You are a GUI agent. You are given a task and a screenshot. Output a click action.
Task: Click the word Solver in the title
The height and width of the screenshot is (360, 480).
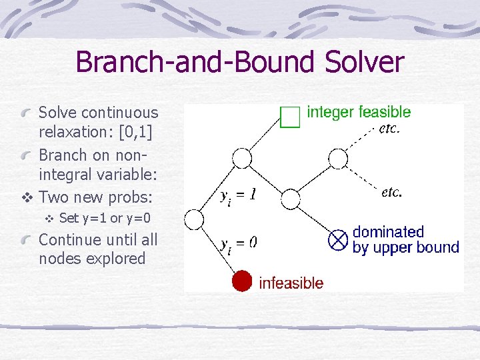[365, 63]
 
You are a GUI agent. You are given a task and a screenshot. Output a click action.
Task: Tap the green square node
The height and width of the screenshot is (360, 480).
[291, 117]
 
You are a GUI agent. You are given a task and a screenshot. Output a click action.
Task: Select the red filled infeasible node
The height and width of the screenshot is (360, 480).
[242, 281]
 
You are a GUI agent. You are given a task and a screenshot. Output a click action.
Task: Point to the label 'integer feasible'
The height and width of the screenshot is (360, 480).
[359, 112]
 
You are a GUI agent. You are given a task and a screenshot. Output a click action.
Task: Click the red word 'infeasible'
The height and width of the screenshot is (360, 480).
[291, 283]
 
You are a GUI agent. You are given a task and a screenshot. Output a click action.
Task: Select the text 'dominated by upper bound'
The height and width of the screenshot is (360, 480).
[405, 240]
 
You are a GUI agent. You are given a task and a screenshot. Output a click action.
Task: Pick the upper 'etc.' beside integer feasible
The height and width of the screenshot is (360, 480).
[389, 129]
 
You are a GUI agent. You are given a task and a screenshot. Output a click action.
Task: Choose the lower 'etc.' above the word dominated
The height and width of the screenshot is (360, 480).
[391, 192]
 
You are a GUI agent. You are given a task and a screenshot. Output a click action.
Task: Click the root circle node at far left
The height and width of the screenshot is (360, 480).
[193, 219]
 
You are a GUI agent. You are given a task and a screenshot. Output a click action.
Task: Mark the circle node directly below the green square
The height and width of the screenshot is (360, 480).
[242, 159]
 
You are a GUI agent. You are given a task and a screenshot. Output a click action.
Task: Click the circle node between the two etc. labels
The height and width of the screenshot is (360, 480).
[339, 159]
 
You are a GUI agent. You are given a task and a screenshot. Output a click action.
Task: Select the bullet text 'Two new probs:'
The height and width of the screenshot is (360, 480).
[96, 197]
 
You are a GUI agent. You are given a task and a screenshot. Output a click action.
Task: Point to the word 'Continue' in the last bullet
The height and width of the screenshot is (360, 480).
[70, 239]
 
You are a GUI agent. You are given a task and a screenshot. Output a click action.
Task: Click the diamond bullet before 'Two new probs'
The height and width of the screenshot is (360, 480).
[27, 198]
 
